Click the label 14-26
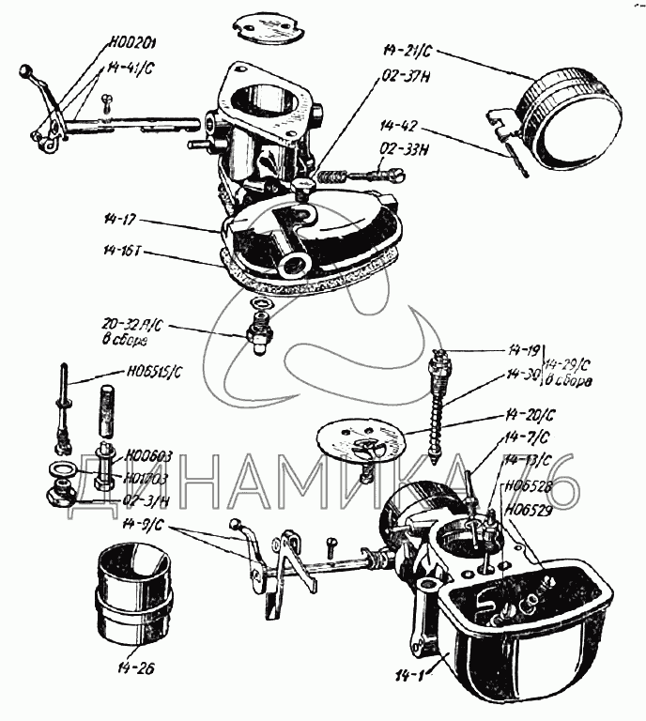(138, 669)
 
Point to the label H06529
(527, 510)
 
